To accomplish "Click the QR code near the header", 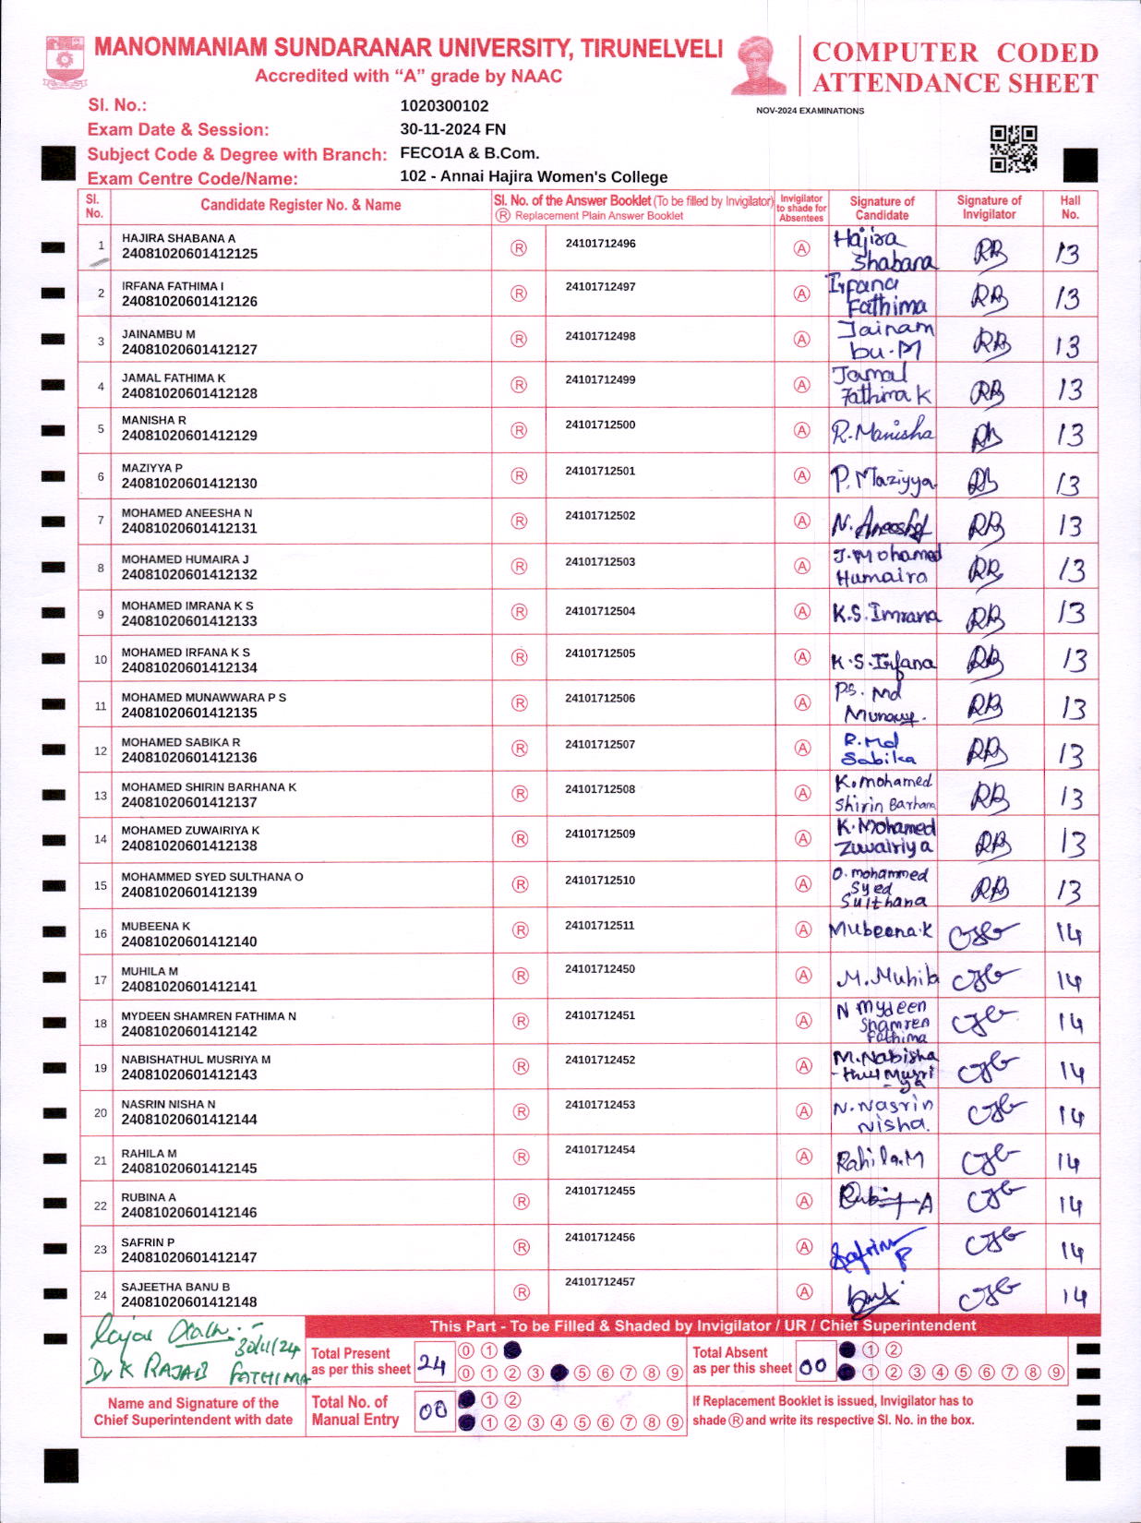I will (1014, 149).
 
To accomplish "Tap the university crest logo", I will (64, 62).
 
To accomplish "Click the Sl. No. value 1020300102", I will (444, 106).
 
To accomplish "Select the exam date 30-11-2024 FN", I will (452, 129).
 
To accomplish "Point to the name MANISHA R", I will (154, 420).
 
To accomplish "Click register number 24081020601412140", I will (189, 941).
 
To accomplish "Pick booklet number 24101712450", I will (600, 969).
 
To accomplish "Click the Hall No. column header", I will (1070, 207).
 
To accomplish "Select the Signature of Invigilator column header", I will (989, 207).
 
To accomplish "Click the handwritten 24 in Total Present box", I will (432, 1363).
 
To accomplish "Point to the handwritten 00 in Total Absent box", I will (813, 1366).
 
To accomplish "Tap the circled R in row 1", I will (519, 248).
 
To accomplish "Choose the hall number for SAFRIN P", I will (1071, 1251).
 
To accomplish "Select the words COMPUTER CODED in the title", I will (955, 53).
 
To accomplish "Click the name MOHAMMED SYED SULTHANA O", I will (212, 877).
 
